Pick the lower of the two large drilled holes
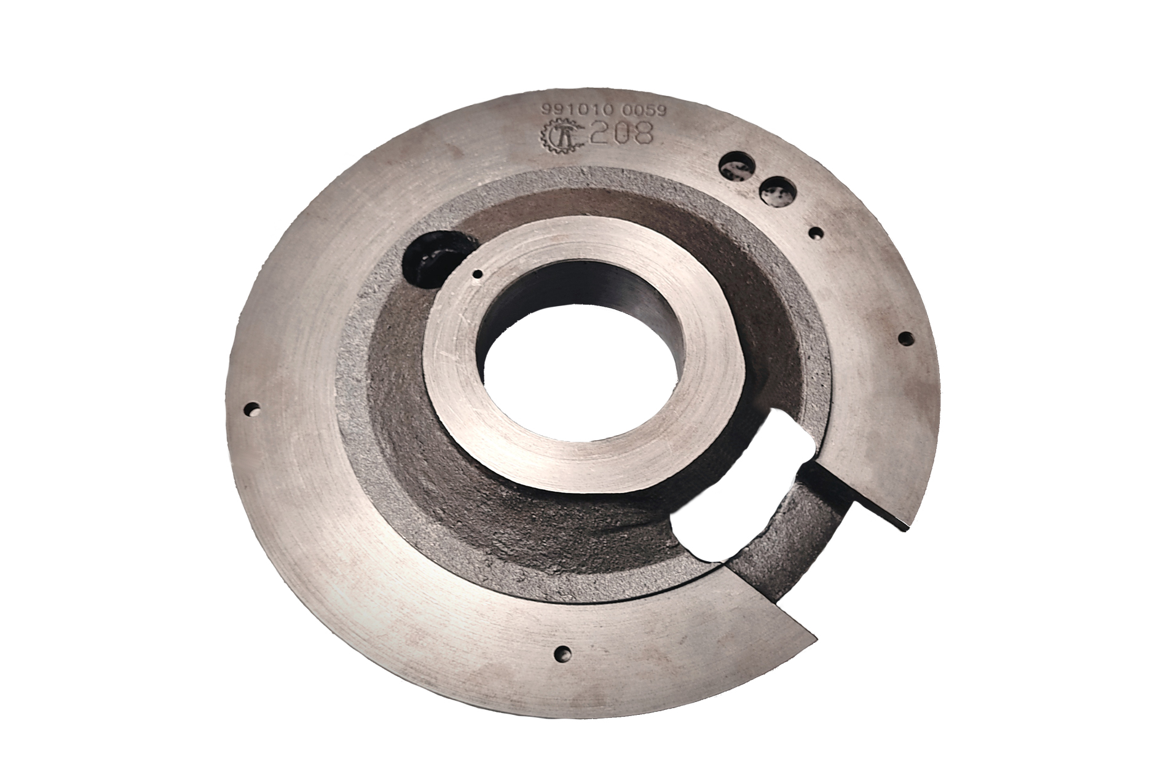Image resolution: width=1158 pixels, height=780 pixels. [x=776, y=190]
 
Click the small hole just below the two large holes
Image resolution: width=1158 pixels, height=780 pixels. [x=816, y=233]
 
